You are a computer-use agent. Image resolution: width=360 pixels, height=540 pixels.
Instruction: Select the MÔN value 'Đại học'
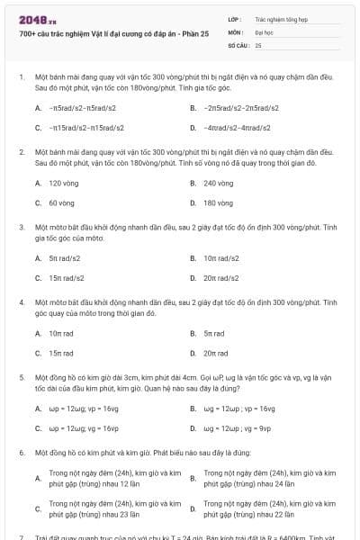point(264,31)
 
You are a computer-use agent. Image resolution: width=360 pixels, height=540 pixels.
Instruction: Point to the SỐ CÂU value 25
point(258,44)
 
